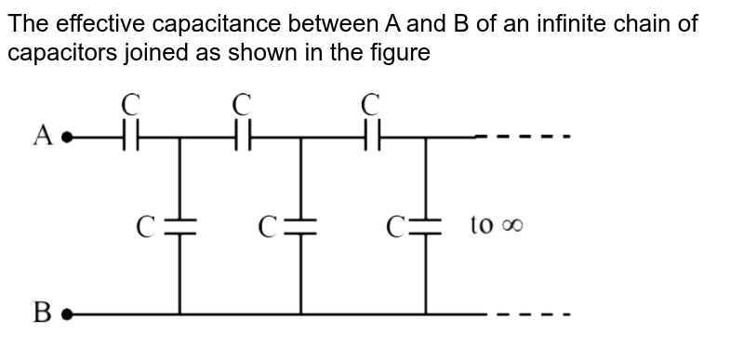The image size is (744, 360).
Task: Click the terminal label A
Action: [x=42, y=137]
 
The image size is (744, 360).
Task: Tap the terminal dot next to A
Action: [x=66, y=138]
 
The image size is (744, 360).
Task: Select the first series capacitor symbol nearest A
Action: [x=131, y=138]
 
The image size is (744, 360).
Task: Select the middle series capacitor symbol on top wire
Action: [x=243, y=138]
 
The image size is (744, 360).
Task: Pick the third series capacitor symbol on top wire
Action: [x=371, y=138]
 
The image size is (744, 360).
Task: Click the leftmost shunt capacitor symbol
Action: [x=180, y=226]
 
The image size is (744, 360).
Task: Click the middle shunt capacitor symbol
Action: [x=300, y=226]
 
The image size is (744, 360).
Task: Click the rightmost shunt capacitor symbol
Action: [x=426, y=226]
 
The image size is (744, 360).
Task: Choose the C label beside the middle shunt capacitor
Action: [x=267, y=225]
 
